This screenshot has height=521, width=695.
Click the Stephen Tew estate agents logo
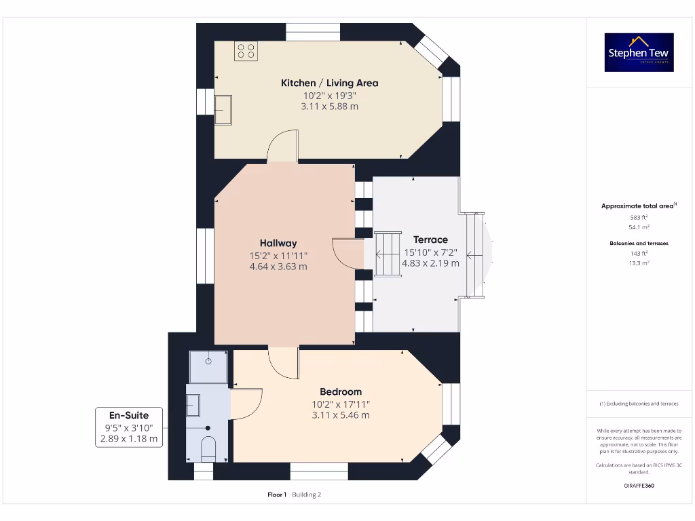coord(639,52)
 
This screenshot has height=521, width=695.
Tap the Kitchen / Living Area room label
coord(329,83)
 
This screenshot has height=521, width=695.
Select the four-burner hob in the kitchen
coord(246,51)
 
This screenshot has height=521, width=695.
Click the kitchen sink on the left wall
coord(223,110)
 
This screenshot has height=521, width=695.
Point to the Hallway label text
coord(278,243)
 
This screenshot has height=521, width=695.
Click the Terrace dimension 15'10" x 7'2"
coord(431,252)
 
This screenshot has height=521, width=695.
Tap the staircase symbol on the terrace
coord(388,254)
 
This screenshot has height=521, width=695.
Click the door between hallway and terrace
coord(347,253)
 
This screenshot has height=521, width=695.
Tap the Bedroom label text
coord(341,391)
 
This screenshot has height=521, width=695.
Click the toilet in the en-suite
coord(208,448)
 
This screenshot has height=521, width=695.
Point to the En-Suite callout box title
coord(128,415)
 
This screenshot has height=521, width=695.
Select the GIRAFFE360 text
coord(639,486)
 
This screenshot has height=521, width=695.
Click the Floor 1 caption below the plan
coord(277,495)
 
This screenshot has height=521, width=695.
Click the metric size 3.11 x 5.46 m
coord(341,415)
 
